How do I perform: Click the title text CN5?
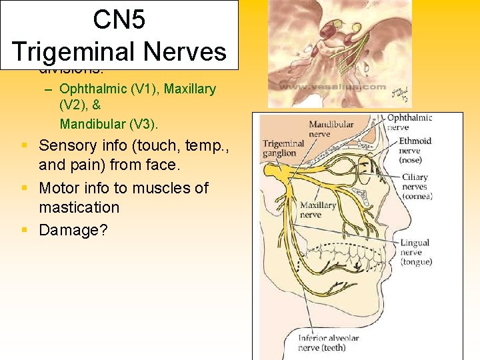(119, 19)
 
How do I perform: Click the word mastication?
(79, 207)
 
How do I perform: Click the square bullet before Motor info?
(24, 189)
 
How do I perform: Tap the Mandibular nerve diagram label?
(331, 129)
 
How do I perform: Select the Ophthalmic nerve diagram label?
(409, 122)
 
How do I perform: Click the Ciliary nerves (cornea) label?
(417, 187)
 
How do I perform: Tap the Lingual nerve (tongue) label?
(416, 252)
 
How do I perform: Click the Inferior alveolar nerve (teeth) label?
(329, 343)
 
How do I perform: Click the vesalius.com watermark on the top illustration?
(333, 87)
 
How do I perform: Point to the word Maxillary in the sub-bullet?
(191, 89)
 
